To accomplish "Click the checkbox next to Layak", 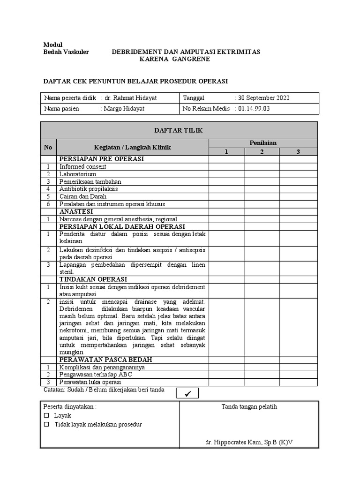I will pos(46,416).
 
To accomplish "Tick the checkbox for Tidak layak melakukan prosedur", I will pos(46,425).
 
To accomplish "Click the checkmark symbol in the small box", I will pos(188,393).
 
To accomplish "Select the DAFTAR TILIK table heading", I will pos(179,130).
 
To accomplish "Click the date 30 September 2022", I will pos(263,98).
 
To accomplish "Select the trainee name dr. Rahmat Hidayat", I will pos(130,98).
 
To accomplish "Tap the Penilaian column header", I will pos(263,143).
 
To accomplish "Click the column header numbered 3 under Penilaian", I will pos(298,152).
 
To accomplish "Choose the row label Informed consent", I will pos(83,166).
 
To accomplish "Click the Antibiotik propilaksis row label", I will pos(89,189).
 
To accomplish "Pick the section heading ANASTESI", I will pos(76,211).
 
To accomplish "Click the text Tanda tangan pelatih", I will pos(249,406).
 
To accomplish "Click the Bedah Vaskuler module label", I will pos(66,52).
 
